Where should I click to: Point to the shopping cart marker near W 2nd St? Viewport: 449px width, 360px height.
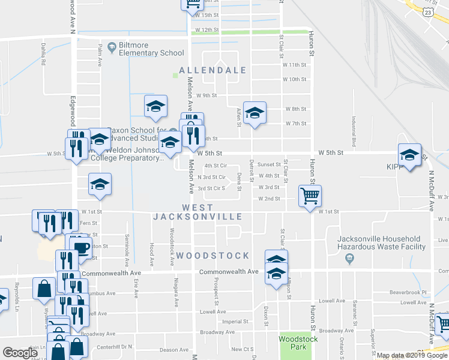(310, 195)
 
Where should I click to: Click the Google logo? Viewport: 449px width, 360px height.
(20, 353)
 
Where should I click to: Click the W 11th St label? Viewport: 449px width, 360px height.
(295, 65)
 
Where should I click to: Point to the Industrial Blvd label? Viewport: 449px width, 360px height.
(354, 127)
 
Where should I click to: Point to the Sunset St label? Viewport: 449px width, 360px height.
(270, 164)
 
